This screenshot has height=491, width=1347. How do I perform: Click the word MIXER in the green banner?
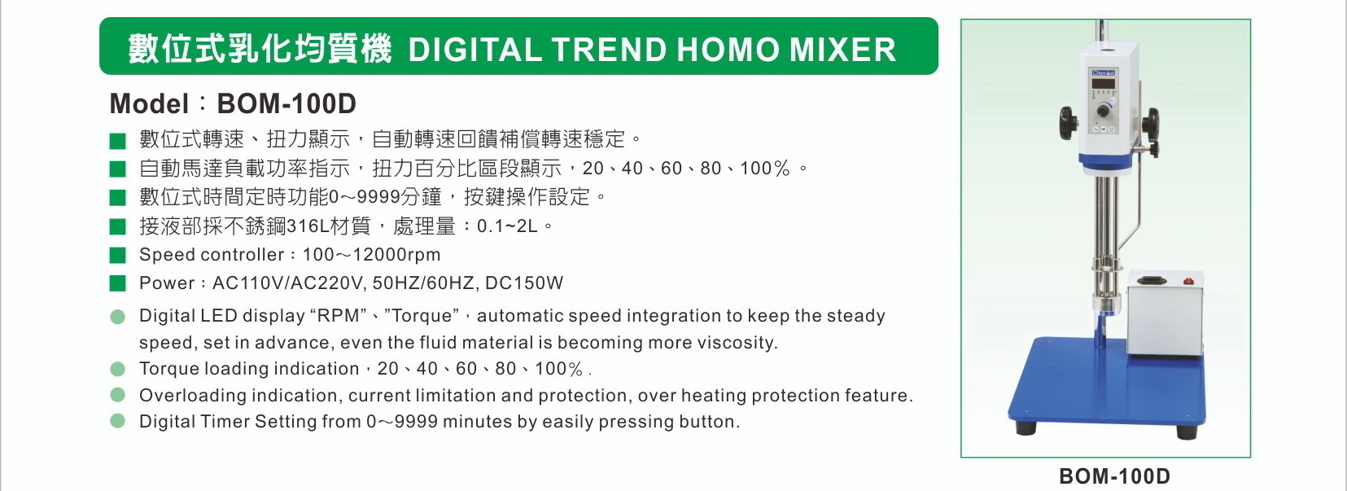842,50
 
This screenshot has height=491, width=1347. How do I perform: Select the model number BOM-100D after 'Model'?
286,103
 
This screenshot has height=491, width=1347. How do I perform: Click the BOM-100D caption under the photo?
1114,476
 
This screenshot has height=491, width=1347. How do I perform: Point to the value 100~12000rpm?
372,255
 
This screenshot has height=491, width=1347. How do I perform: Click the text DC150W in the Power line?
524,283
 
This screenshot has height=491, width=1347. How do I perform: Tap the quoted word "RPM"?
339,315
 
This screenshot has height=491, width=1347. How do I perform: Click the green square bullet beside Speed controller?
118,255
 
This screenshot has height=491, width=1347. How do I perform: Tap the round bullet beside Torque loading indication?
118,369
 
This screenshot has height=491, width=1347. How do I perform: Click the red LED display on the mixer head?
1104,84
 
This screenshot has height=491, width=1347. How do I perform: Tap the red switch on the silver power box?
1187,281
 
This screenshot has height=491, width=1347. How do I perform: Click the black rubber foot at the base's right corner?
1186,432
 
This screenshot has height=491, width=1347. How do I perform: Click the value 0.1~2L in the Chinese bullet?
507,226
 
